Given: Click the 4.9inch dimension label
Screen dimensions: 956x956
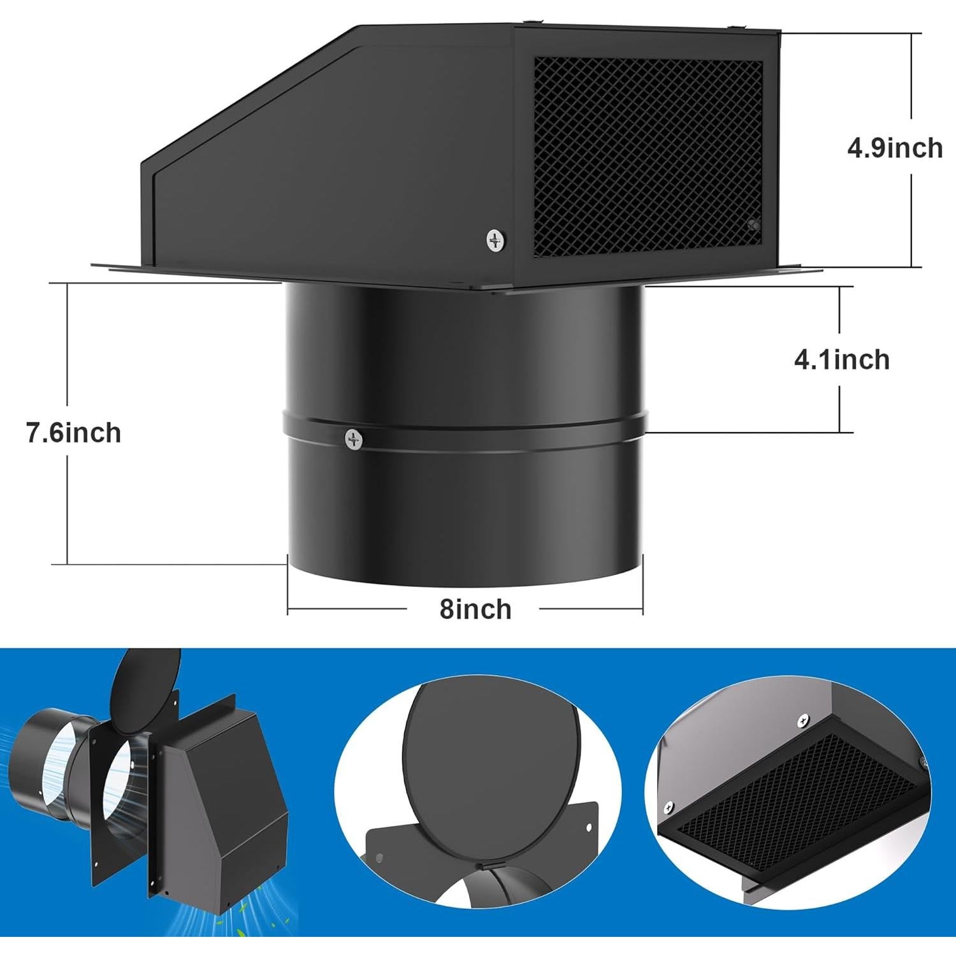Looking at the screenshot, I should (894, 148).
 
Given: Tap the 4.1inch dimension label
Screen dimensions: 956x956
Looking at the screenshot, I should (841, 360).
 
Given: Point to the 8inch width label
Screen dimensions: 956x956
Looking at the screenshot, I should (475, 609).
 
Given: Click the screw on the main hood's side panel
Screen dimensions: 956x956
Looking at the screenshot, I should (495, 240).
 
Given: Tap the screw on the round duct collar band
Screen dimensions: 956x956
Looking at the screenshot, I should (354, 438).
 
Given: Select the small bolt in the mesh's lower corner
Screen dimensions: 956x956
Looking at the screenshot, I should (754, 224).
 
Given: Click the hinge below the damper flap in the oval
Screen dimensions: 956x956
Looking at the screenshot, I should (483, 867).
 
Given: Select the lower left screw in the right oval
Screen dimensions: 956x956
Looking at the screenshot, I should (668, 805).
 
